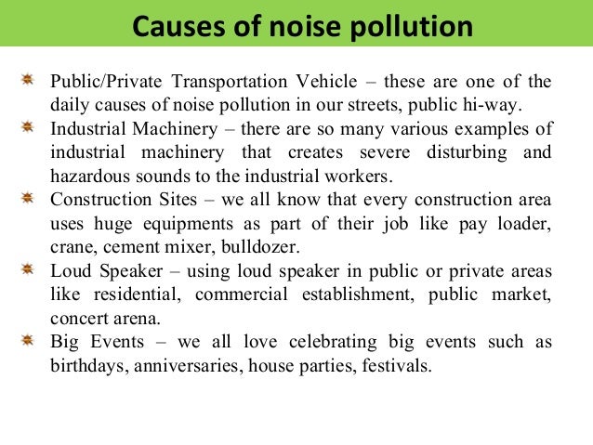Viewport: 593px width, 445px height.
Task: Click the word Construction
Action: click(96, 200)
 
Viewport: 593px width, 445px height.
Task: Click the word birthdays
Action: click(87, 366)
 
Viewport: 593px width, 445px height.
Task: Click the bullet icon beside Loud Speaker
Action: click(28, 270)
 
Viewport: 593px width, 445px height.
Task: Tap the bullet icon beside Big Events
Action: click(28, 341)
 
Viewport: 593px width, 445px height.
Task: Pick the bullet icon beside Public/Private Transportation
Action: click(28, 79)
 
